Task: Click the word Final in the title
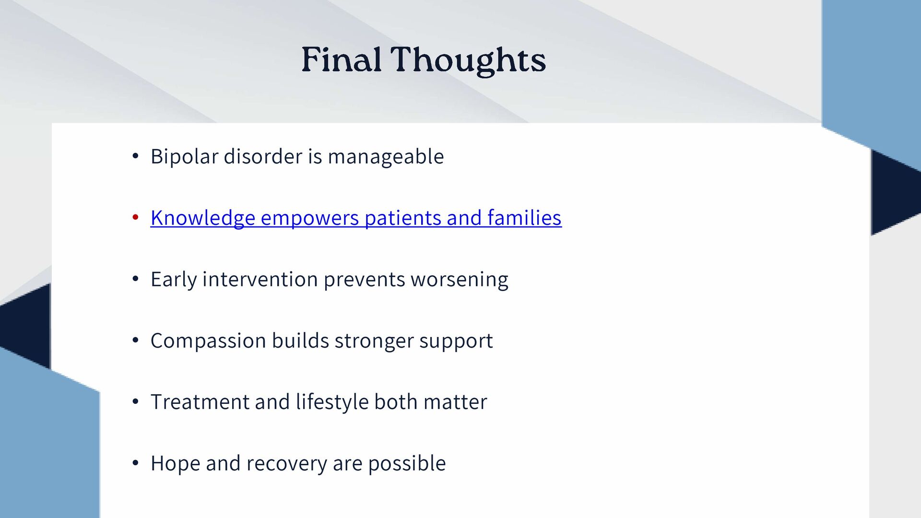341,60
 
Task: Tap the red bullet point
135,217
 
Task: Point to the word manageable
386,157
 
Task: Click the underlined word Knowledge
203,218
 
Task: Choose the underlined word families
524,217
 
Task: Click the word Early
174,280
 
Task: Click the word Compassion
208,341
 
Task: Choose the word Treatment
200,402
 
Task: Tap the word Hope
175,464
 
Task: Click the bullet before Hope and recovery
135,463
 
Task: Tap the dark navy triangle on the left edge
26,326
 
